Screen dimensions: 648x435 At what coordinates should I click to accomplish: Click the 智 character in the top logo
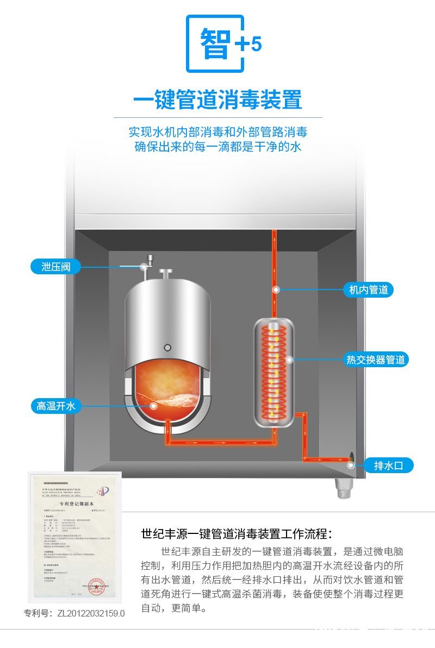pos(214,43)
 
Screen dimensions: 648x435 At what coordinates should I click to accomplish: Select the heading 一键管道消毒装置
pos(217,100)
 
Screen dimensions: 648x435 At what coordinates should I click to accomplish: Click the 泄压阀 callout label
pos(55,267)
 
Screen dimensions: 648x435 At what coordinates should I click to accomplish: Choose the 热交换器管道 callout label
pos(376,360)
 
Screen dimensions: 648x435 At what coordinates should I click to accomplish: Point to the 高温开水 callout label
pos(55,406)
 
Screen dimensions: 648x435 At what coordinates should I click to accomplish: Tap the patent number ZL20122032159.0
pos(74,613)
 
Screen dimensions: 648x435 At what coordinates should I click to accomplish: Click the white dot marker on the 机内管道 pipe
pos(276,290)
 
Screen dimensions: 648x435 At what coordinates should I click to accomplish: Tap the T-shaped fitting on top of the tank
pos(165,273)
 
